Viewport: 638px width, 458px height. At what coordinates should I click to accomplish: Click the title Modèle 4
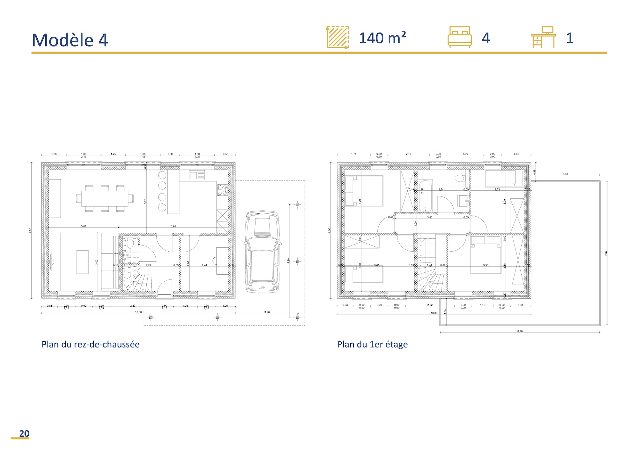tap(70, 40)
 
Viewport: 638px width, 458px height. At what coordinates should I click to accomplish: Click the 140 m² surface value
tap(382, 38)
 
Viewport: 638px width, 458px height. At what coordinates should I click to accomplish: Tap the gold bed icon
tap(460, 37)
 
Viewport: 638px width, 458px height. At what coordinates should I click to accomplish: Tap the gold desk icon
tap(543, 37)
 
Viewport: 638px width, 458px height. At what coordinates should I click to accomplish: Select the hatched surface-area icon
tap(338, 37)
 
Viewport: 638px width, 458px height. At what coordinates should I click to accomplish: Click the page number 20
tap(24, 433)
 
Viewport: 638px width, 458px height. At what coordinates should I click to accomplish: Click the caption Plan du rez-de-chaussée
tap(91, 344)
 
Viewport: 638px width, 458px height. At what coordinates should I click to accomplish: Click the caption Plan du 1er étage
tap(372, 344)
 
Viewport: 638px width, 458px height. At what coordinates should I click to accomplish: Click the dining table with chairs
tap(105, 198)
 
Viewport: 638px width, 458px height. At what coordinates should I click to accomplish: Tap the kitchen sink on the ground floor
tap(197, 175)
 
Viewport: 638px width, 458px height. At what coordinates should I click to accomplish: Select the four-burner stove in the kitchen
tap(222, 190)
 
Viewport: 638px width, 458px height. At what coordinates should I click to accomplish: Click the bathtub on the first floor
tap(426, 196)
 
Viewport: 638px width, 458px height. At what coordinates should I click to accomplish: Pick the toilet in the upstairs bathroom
tap(459, 178)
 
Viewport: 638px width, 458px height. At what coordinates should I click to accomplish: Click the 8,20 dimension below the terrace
tap(520, 331)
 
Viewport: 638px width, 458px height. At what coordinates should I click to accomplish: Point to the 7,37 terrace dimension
tap(606, 253)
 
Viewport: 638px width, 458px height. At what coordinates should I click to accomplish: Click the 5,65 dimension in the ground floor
tap(173, 226)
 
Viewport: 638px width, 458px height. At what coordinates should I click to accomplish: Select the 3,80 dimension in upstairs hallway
tap(430, 218)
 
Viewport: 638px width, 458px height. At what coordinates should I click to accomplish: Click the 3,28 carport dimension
tap(267, 312)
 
